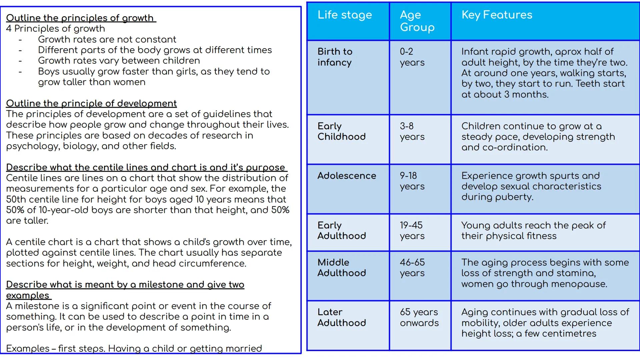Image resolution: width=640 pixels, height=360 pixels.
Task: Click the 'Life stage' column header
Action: [x=344, y=15]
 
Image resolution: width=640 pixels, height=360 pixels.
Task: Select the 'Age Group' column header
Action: [x=417, y=21]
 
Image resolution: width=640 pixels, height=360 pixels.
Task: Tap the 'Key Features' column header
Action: [x=497, y=15]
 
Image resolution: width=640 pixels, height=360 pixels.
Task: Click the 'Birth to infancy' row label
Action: [x=335, y=57]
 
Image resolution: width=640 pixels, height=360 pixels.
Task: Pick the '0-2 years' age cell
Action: [x=412, y=57]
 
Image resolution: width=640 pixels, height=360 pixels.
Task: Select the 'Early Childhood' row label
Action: [x=341, y=131]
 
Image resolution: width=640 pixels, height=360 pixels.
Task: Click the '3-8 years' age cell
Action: [x=412, y=131]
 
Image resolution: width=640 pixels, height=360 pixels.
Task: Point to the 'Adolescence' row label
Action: [x=347, y=176]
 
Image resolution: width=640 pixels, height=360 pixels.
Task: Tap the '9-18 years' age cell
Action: [x=412, y=181]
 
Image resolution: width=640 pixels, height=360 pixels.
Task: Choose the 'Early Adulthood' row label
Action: [x=341, y=231]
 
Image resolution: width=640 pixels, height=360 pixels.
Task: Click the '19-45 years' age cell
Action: [x=412, y=231]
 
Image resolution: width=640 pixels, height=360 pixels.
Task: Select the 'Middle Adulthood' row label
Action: [x=341, y=268]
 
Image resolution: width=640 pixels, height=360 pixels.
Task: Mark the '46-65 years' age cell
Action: [x=412, y=268]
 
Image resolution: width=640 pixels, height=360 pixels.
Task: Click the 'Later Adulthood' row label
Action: [x=341, y=317]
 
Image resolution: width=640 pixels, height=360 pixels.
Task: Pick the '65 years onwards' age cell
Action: [x=419, y=317]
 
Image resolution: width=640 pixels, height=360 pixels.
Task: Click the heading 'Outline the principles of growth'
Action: [x=80, y=18]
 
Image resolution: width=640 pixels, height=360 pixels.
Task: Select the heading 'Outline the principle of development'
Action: [x=91, y=103]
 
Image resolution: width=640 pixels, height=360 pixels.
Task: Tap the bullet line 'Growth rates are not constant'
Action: [x=107, y=39]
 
